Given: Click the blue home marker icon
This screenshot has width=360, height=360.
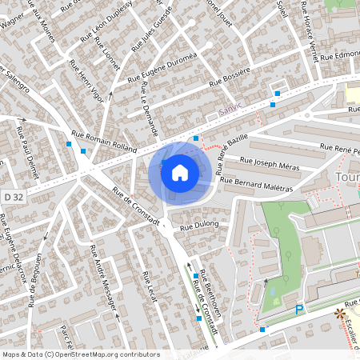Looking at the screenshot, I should pyautogui.click(x=180, y=173).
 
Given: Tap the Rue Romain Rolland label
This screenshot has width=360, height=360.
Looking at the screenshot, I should pyautogui.click(x=105, y=141).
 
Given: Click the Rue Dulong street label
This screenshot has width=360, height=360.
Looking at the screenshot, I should pyautogui.click(x=199, y=227).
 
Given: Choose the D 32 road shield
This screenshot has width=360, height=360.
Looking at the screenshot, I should pyautogui.click(x=12, y=195).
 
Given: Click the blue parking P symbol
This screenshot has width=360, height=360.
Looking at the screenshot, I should pyautogui.click(x=299, y=310).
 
